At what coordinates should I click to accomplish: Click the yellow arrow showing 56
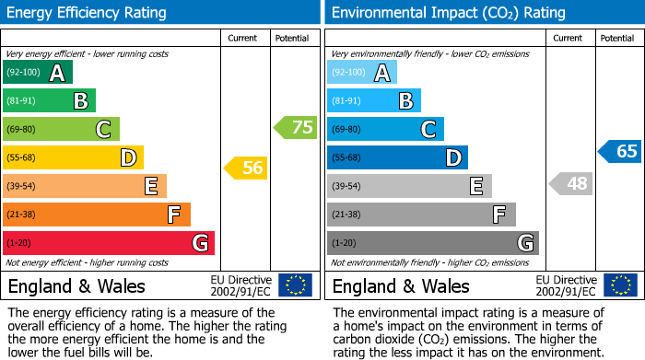(246, 168)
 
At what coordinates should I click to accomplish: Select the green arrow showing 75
(296, 128)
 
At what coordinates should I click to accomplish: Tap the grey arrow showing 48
(571, 183)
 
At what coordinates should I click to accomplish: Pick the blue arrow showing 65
(620, 151)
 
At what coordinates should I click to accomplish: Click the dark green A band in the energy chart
(38, 73)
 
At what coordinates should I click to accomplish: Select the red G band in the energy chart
(109, 243)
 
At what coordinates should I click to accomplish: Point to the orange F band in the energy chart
(97, 215)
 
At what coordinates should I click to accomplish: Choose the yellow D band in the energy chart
(73, 157)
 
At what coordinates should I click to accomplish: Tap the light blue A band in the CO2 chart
(362, 73)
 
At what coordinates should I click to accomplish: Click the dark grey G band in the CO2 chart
(432, 243)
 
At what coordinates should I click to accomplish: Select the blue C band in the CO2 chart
(385, 129)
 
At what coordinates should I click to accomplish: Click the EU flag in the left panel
(295, 285)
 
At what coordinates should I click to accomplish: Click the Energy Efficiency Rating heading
(88, 13)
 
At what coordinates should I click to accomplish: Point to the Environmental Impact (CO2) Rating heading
(448, 13)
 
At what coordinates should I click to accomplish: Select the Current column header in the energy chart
(242, 38)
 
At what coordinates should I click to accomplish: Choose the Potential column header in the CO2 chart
(616, 38)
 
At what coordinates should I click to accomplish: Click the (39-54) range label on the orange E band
(21, 186)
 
